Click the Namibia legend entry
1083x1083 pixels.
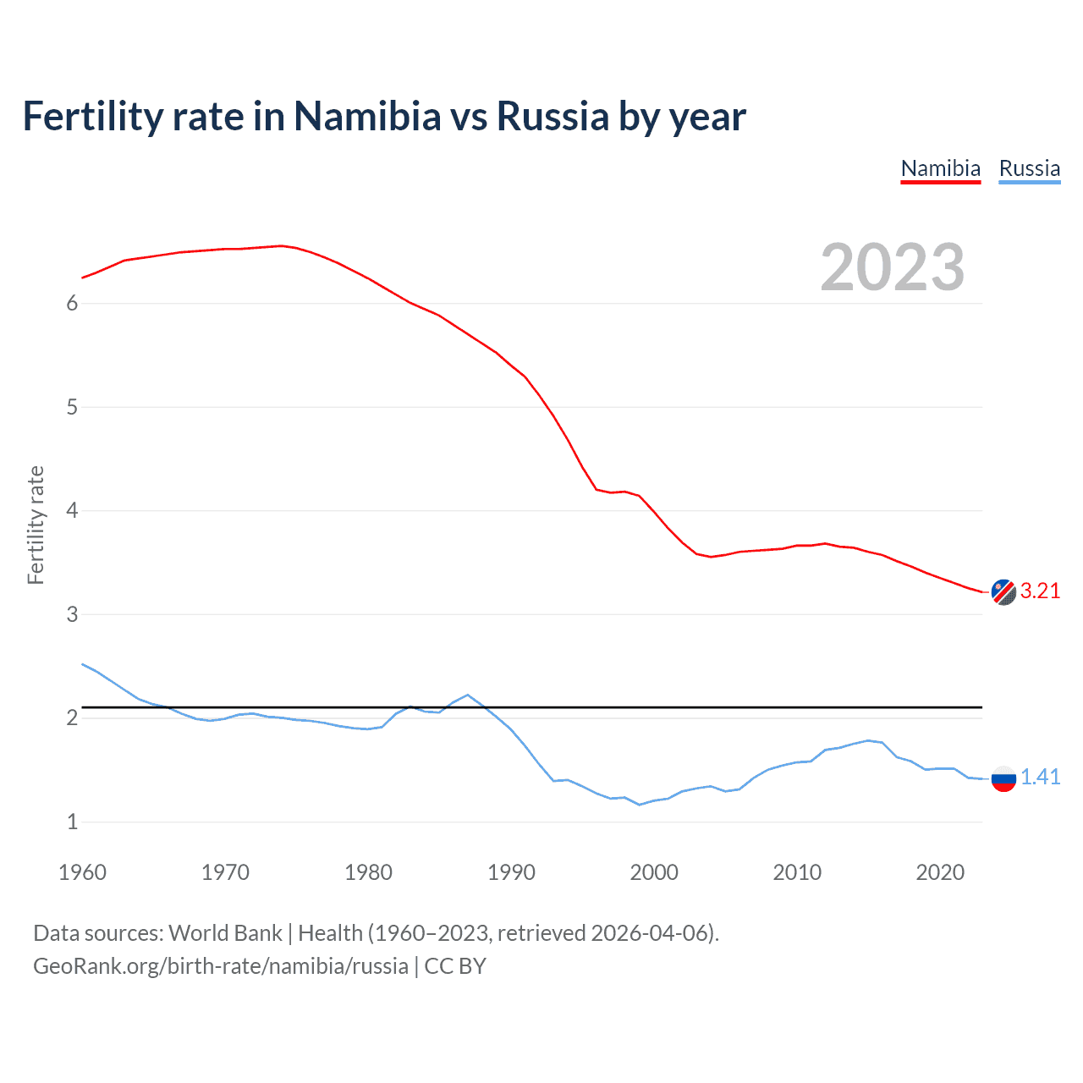tap(940, 168)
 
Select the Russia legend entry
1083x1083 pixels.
tap(1029, 168)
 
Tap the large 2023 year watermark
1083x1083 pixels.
tap(892, 267)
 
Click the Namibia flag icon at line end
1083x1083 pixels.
tap(1003, 592)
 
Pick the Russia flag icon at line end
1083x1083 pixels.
tap(1003, 778)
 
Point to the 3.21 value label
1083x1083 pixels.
tap(1040, 591)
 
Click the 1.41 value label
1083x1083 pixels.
tap(1040, 777)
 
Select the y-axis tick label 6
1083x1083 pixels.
tap(72, 303)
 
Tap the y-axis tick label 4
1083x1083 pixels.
tap(72, 510)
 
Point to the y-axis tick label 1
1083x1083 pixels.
tap(72, 822)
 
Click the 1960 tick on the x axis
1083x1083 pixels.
tap(82, 872)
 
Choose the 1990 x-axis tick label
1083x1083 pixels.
tap(511, 872)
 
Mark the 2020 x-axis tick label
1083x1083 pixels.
tap(940, 872)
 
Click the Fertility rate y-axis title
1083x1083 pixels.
tap(36, 525)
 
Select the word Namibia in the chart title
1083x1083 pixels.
tap(367, 116)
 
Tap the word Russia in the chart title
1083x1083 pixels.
tap(552, 116)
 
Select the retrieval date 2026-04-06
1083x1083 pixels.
tap(649, 932)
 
